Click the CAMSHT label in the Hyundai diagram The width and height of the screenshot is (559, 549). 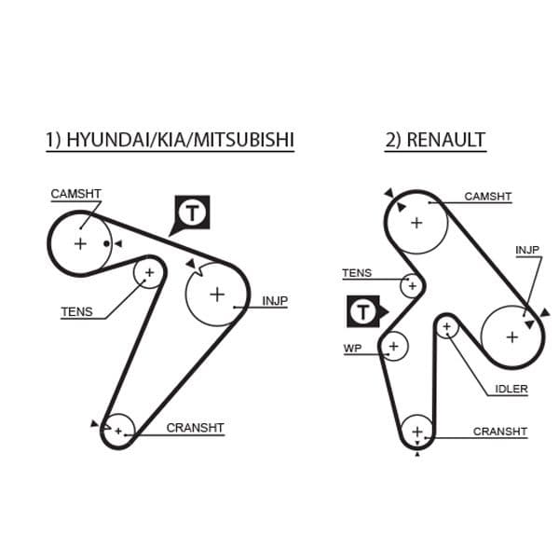click(x=75, y=194)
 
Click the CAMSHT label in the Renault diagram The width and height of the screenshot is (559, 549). click(x=488, y=197)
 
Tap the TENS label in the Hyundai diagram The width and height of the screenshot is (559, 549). click(x=76, y=312)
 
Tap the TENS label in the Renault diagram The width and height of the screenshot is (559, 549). click(x=356, y=273)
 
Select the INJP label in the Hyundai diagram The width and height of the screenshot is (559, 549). click(x=275, y=301)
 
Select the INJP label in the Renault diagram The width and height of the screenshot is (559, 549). click(x=527, y=250)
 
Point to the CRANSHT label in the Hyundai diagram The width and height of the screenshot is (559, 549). click(x=195, y=428)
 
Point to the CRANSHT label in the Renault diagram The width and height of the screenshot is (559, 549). click(x=499, y=432)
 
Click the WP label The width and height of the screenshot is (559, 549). click(x=352, y=348)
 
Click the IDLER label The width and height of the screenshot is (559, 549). click(x=511, y=389)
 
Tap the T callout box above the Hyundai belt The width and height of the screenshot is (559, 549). click(x=193, y=213)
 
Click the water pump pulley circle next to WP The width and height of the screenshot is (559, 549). click(x=393, y=347)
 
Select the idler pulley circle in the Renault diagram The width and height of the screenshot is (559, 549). click(x=447, y=327)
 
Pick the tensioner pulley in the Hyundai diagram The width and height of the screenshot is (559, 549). click(x=148, y=273)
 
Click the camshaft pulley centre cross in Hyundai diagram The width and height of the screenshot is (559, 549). click(x=80, y=244)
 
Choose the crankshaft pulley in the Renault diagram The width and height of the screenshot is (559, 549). click(x=416, y=432)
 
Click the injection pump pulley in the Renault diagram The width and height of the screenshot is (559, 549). click(x=511, y=336)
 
